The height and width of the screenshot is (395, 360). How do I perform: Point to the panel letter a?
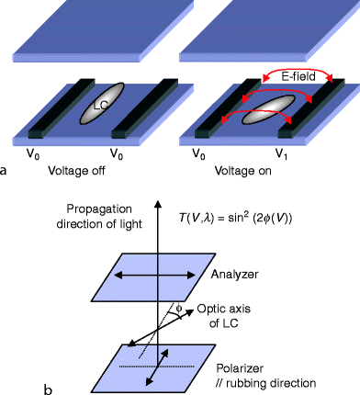click(7, 171)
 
